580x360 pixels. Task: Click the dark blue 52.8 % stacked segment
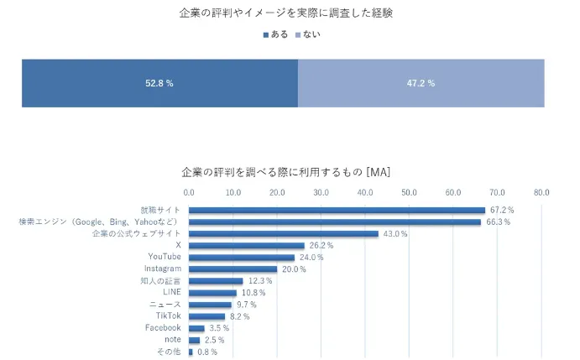click(x=159, y=83)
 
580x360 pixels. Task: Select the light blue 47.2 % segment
click(x=421, y=83)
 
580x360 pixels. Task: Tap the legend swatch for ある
click(x=266, y=35)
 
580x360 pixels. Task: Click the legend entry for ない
click(x=308, y=34)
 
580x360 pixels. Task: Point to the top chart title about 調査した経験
click(x=286, y=13)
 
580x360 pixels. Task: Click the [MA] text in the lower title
click(x=378, y=172)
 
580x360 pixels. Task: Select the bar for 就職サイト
click(x=337, y=210)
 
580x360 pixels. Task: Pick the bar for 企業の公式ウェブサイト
click(x=284, y=234)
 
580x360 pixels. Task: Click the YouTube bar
click(x=242, y=258)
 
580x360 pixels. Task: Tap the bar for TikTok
click(x=206, y=316)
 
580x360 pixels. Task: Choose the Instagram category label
click(x=163, y=269)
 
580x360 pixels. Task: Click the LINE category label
click(x=172, y=292)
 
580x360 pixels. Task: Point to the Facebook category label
click(x=163, y=327)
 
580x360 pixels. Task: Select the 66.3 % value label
click(x=499, y=222)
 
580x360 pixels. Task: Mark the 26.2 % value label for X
click(x=321, y=245)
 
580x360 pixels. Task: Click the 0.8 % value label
click(x=207, y=352)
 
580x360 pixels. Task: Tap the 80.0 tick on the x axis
click(x=541, y=192)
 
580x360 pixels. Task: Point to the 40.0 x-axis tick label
click(x=365, y=192)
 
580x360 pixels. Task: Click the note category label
click(x=173, y=339)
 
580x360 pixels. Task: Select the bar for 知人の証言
click(x=216, y=281)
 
